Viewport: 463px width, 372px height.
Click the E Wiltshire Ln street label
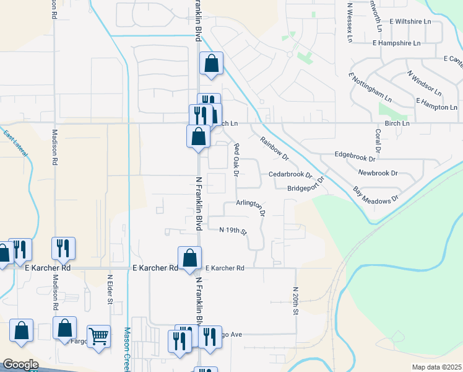(410, 21)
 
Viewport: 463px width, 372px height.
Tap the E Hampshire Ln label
(397, 43)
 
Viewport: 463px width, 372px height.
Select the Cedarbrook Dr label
(290, 175)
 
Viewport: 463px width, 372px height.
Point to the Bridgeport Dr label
(306, 188)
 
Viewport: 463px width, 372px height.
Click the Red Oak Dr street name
(235, 159)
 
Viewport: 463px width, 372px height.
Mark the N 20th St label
(296, 301)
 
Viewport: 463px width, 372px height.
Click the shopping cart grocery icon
(99, 337)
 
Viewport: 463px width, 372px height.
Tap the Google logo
(20, 365)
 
